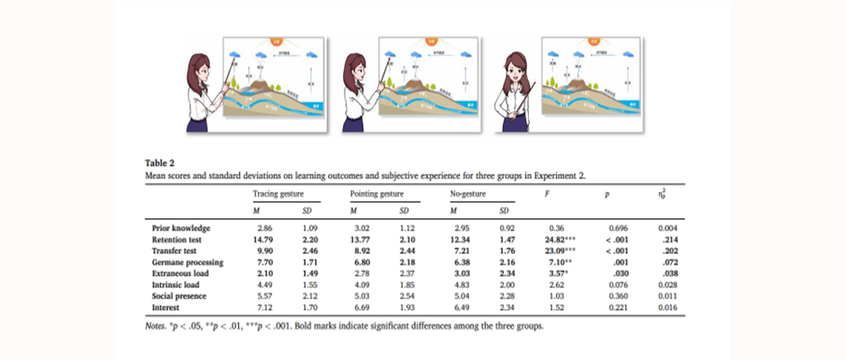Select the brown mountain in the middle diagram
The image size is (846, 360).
point(421,83)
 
